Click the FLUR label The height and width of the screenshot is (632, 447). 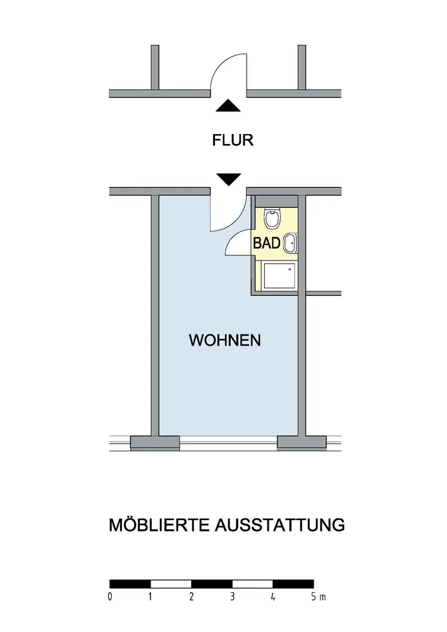(233, 140)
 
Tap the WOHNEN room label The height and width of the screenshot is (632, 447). (225, 341)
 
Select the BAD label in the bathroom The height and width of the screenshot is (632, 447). (266, 243)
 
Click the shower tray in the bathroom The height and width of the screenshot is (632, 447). (278, 277)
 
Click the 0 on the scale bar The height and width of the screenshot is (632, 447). (111, 597)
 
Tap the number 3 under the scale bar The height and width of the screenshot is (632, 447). (232, 597)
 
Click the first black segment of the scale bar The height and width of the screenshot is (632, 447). (130, 583)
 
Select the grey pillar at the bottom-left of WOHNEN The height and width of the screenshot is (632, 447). (155, 442)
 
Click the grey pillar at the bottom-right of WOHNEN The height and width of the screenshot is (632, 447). (302, 442)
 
